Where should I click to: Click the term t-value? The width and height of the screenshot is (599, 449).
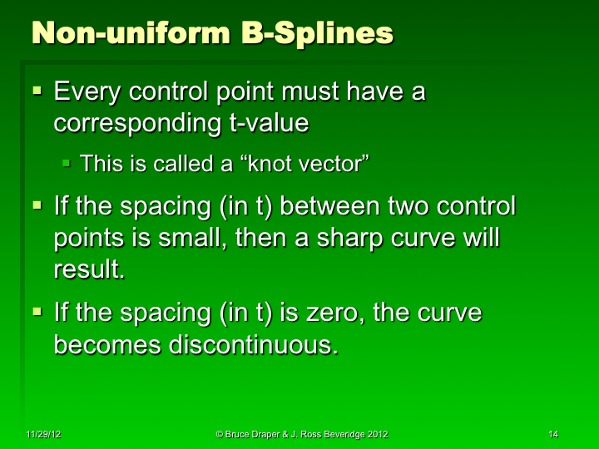click(265, 122)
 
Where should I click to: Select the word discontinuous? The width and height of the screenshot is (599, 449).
click(253, 345)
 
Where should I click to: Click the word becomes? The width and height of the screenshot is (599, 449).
click(107, 345)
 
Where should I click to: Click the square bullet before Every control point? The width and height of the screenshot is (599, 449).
click(37, 88)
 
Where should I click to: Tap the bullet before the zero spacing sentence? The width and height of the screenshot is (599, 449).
click(37, 311)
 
